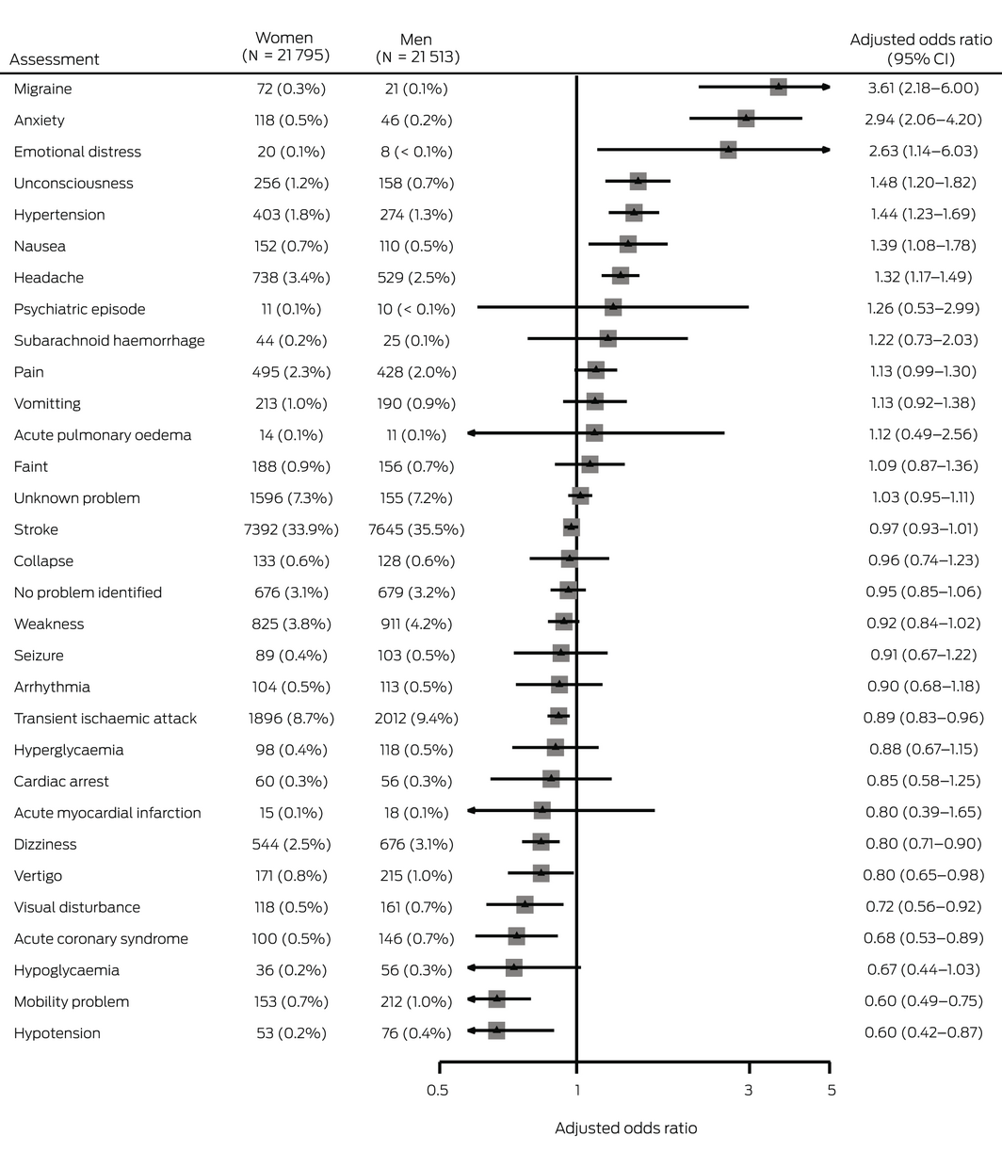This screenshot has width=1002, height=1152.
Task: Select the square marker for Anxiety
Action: [x=746, y=119]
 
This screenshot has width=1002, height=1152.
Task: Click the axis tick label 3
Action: [x=749, y=1091]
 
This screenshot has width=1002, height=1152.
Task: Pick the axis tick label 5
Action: [x=831, y=1091]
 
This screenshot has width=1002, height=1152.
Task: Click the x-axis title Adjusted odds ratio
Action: [x=625, y=1128]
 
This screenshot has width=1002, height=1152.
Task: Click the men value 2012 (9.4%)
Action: [x=416, y=719]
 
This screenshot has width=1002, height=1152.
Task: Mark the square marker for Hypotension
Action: [x=496, y=1030]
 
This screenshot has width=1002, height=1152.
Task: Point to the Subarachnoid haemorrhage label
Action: [x=109, y=340]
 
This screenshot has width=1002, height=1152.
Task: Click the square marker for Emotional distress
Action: [x=728, y=150]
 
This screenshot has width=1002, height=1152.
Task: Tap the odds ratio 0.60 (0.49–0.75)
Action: [x=923, y=1001]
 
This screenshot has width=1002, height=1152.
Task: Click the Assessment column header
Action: [x=55, y=59]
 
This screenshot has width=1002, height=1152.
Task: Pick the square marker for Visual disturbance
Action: [x=525, y=904]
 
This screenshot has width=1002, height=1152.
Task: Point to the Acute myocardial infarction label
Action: [x=107, y=813]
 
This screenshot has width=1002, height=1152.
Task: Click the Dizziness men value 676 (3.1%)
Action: [x=416, y=844]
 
